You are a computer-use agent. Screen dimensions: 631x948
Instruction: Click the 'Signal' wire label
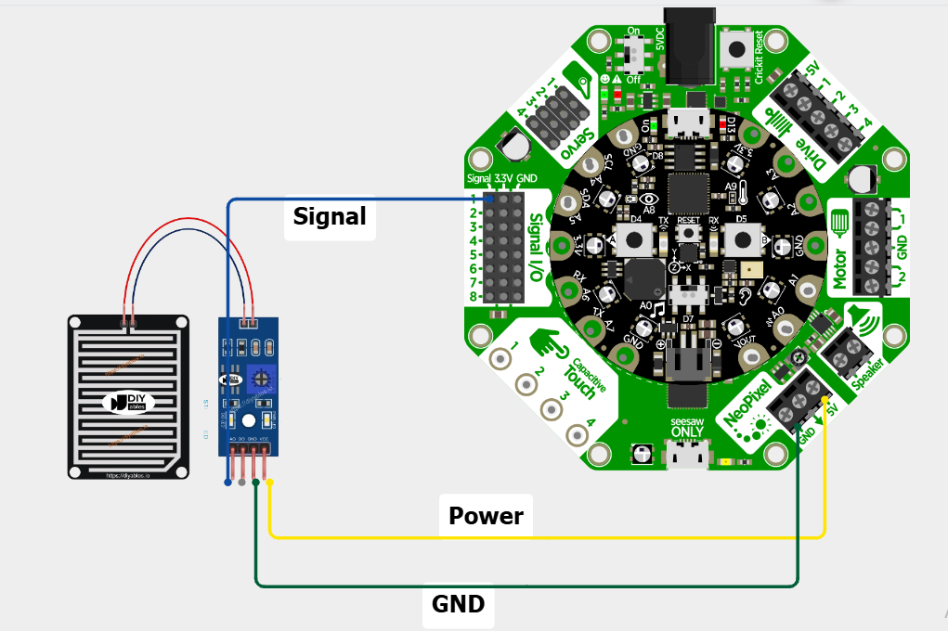330,216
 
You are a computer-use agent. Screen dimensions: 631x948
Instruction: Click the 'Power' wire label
486,516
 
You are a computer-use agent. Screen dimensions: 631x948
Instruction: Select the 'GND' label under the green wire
459,604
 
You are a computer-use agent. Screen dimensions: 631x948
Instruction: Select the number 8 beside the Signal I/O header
474,297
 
